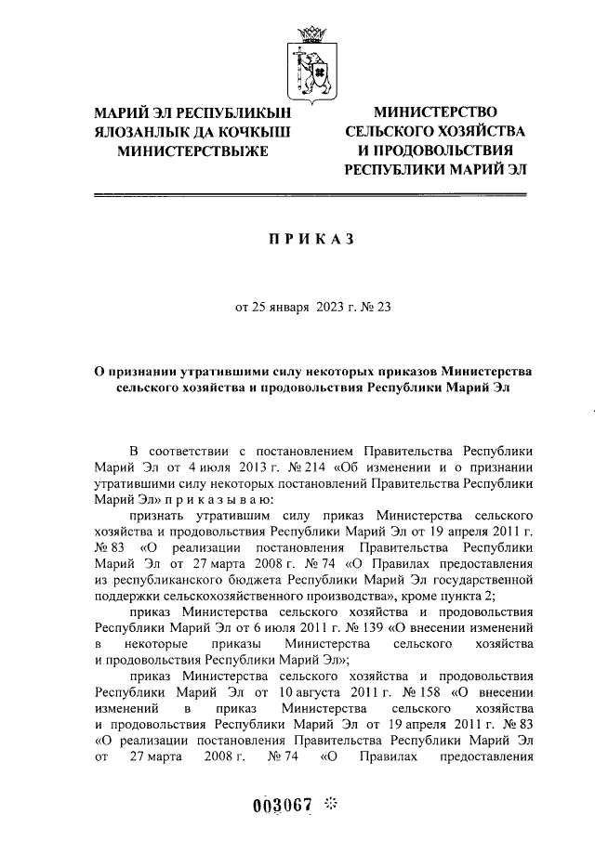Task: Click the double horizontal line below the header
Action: coord(311,194)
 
